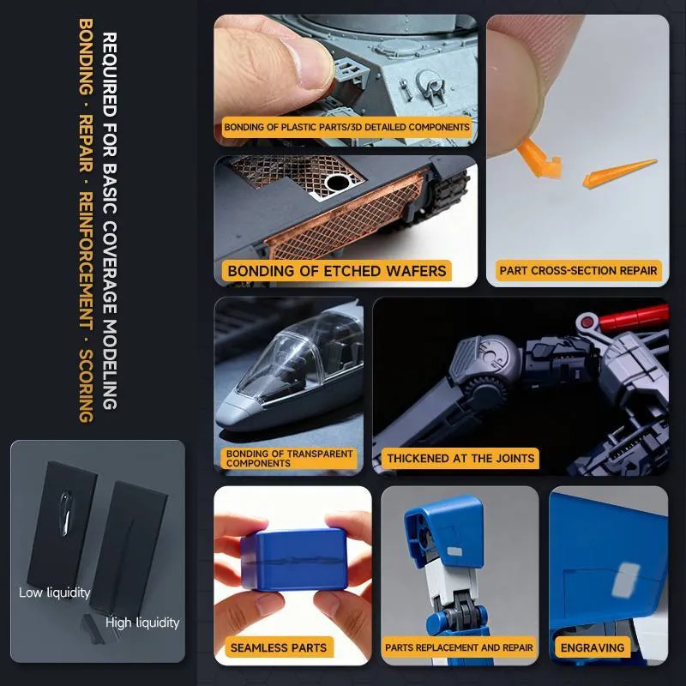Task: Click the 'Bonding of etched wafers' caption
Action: pyautogui.click(x=336, y=271)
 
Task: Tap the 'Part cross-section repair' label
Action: pyautogui.click(x=578, y=270)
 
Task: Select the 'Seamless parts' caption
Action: pyautogui.click(x=279, y=647)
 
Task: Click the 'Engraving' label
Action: pyautogui.click(x=593, y=647)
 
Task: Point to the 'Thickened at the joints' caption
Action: pyautogui.click(x=460, y=458)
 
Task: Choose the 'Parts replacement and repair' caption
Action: pyautogui.click(x=459, y=647)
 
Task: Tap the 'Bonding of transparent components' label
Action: pyautogui.click(x=289, y=459)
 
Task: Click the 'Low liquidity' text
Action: pyautogui.click(x=54, y=593)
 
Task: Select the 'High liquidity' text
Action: pyautogui.click(x=142, y=623)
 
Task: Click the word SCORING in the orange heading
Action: pyautogui.click(x=86, y=385)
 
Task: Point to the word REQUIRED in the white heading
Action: pyautogui.click(x=110, y=75)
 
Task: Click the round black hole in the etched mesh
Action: pyautogui.click(x=338, y=183)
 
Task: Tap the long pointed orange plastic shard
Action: pyautogui.click(x=618, y=173)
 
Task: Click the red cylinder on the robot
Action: pyautogui.click(x=634, y=318)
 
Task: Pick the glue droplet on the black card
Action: pyautogui.click(x=66, y=512)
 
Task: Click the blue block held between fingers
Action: pyautogui.click(x=294, y=560)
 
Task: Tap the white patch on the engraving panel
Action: pyautogui.click(x=626, y=581)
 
